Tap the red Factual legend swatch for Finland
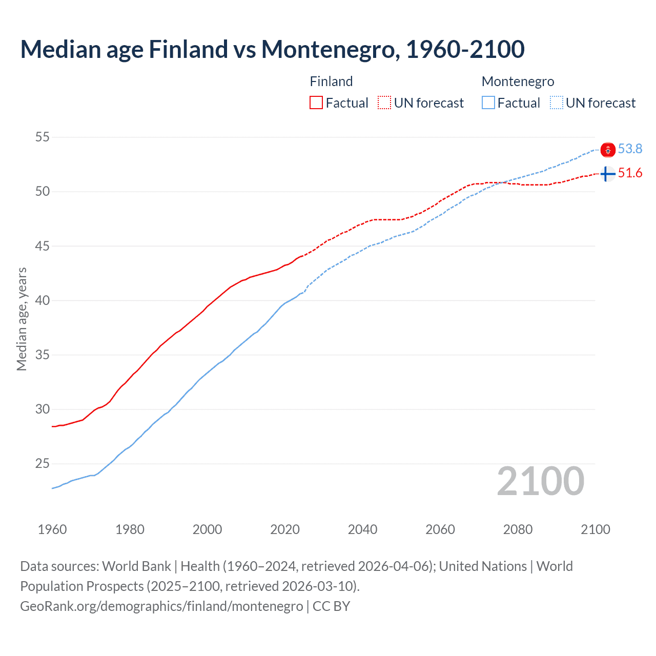316,103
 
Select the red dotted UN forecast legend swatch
384,103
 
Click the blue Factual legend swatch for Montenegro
488,103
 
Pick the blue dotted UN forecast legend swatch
557,103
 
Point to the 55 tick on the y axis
43,137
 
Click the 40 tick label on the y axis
43,300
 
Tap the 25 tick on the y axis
43,464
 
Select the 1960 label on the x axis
52,529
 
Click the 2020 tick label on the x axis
285,529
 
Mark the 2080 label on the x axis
518,529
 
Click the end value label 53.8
630,149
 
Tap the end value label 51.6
630,173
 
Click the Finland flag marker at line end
607,174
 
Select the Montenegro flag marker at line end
608,150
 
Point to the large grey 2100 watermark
541,481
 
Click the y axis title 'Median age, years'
22,319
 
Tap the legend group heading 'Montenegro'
518,81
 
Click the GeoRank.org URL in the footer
161,606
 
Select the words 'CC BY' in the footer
332,606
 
